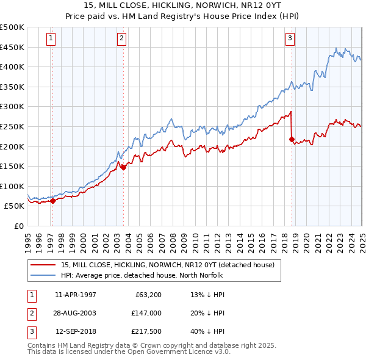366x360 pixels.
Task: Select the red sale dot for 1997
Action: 53,200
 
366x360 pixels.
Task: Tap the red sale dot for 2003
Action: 124,167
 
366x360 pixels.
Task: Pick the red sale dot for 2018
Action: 292,139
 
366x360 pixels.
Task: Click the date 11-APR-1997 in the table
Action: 76,295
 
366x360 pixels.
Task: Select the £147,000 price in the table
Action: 147,314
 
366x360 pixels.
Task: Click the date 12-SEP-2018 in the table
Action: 76,333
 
